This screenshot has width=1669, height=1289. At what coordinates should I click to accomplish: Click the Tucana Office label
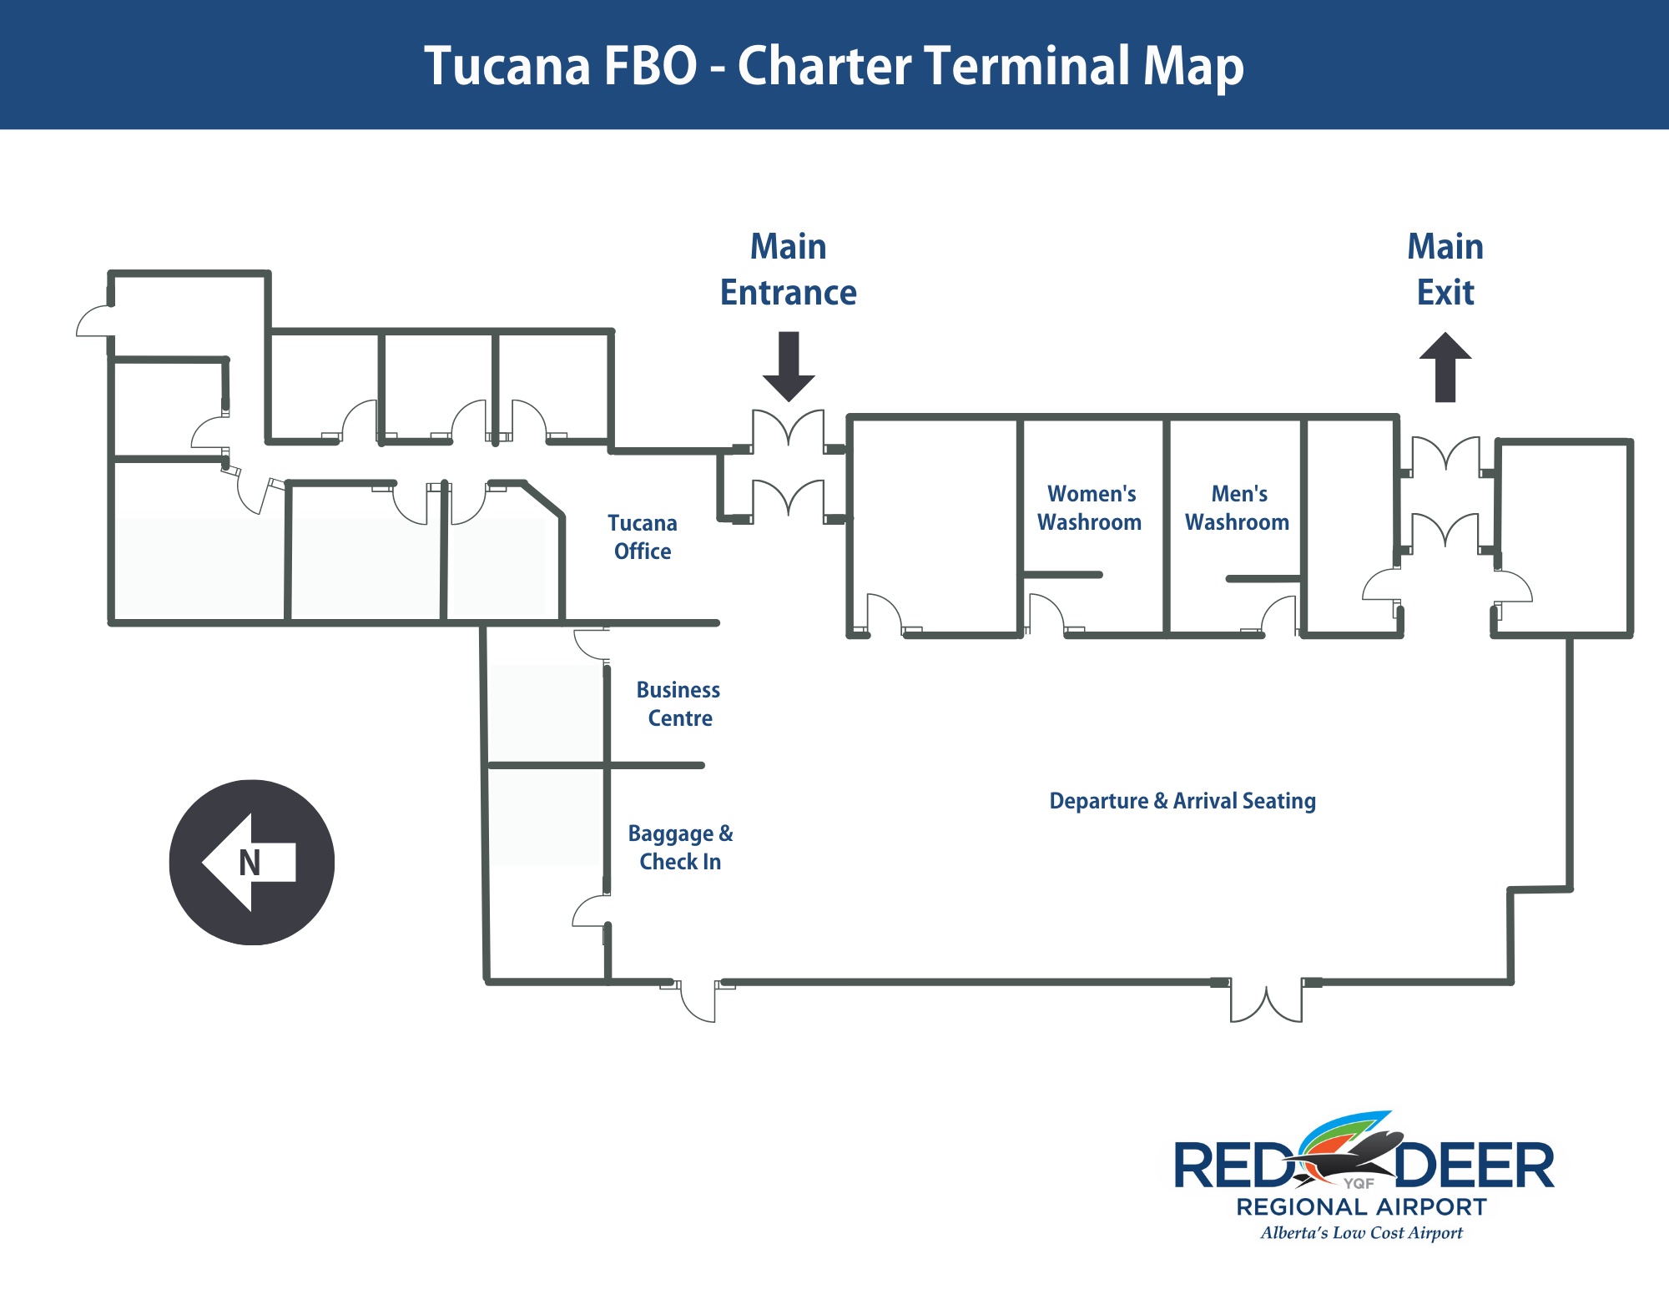click(642, 537)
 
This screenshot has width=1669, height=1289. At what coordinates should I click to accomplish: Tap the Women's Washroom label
click(1090, 508)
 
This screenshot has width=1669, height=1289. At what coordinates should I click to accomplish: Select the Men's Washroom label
click(1238, 508)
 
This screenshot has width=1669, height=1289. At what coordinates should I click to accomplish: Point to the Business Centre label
click(678, 704)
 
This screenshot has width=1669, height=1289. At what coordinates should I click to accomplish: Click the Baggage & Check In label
click(680, 848)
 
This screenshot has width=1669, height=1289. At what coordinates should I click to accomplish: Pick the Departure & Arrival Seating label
click(1182, 801)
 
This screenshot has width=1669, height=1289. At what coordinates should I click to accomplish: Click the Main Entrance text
click(788, 269)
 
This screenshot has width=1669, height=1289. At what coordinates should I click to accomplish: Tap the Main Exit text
click(1445, 269)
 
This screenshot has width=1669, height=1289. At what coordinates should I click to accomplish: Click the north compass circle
click(252, 863)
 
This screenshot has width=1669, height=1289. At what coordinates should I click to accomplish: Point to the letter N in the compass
click(250, 863)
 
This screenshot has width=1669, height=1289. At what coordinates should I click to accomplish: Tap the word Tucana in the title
click(507, 66)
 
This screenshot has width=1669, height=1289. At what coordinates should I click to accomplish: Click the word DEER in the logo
click(1474, 1166)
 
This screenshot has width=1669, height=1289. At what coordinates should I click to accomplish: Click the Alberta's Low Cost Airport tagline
click(1361, 1233)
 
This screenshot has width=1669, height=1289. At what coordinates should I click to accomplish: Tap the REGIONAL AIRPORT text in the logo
click(1361, 1207)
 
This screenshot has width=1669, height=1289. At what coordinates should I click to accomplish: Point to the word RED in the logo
click(1232, 1166)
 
